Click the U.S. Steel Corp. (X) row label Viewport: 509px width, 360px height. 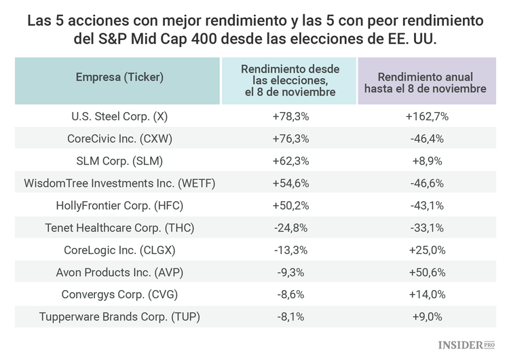coord(119,116)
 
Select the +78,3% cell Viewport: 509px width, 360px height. coord(290,116)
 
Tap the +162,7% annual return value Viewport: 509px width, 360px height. coord(427,116)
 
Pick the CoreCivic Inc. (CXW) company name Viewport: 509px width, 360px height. coord(119,139)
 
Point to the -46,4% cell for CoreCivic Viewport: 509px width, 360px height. coord(427,139)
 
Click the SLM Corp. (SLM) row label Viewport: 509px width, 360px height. coord(119,161)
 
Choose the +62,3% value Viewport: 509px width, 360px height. coord(290,161)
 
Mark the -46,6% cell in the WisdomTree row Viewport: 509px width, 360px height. coord(427,183)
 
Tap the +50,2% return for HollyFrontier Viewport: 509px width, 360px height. coord(290,205)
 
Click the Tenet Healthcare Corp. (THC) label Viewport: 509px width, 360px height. coord(119,228)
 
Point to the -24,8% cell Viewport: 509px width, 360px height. coord(290,228)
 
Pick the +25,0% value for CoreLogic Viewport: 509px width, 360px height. coord(427,250)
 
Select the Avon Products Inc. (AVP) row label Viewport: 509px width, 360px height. coord(119,272)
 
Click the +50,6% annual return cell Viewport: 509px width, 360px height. coord(427,272)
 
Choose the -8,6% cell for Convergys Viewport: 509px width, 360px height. coord(290,295)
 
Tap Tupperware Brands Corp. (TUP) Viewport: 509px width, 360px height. coord(119,317)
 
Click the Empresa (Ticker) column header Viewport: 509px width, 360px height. coord(119,77)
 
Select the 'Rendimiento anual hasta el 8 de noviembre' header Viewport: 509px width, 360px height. coord(427,82)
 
